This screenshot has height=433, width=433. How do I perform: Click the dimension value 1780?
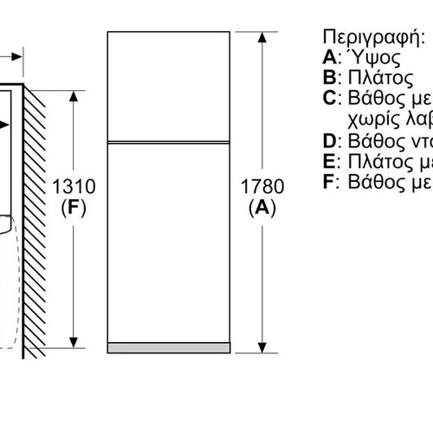262,186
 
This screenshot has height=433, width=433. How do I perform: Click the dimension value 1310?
74,186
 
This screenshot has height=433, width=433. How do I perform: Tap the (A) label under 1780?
262,208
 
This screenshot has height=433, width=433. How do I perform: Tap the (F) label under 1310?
74,208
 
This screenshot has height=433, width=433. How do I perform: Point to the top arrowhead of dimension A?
262,37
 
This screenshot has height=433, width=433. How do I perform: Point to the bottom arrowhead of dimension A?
262,347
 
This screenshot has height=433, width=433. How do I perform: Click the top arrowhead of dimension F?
74,96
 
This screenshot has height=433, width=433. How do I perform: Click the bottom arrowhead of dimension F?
74,342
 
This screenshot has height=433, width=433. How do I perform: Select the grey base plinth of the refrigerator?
169,348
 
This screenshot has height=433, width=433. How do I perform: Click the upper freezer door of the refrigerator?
169,87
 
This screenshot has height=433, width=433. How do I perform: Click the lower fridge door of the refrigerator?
169,243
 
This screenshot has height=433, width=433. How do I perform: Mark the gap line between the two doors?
169,142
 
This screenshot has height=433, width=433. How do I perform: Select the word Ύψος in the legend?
373,58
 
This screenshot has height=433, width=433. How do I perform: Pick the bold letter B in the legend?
330,77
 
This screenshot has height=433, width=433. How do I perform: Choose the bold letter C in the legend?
330,98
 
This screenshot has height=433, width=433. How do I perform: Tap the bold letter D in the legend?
330,141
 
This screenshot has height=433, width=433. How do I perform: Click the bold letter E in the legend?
329,161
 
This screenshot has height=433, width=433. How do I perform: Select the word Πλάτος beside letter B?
380,78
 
